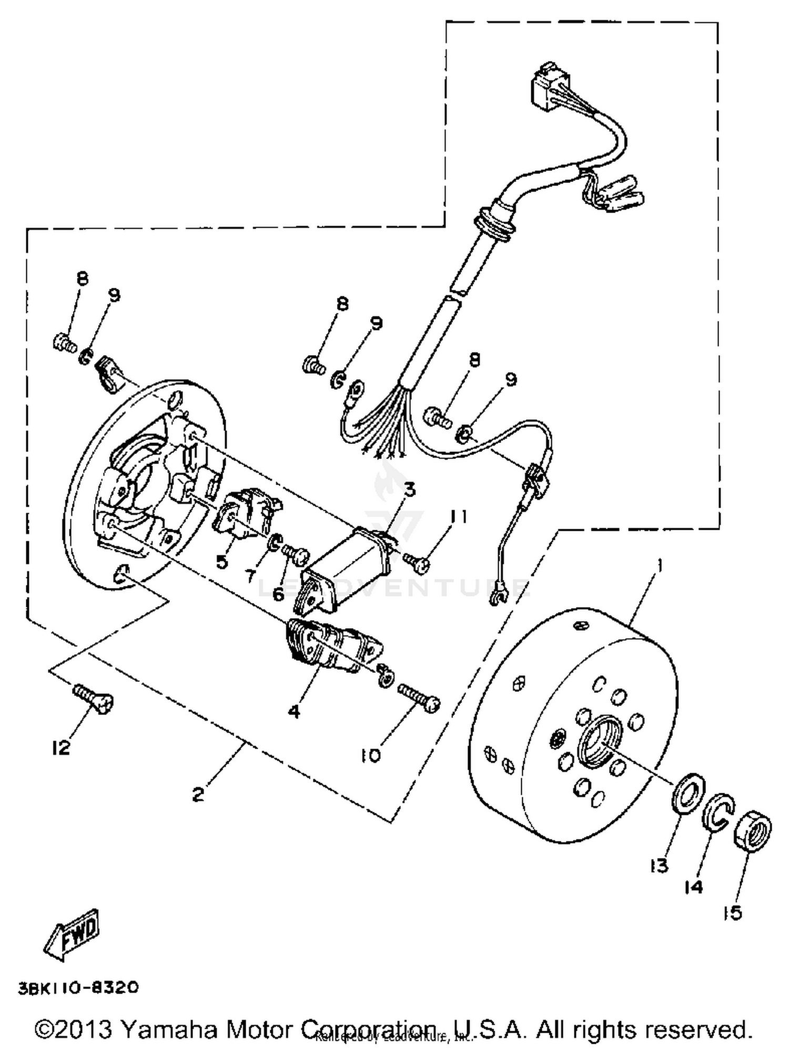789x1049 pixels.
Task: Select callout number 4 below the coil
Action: click(x=294, y=712)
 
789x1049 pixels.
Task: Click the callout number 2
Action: click(x=198, y=794)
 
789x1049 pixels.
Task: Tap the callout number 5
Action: click(x=221, y=561)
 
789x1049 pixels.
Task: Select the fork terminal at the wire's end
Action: click(x=498, y=598)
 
